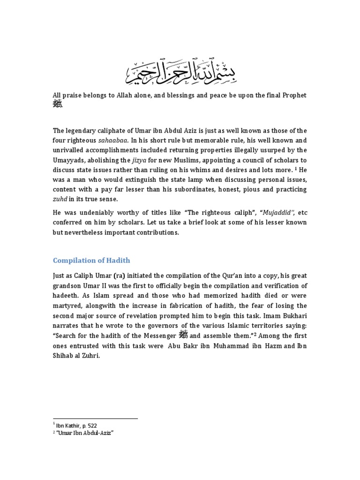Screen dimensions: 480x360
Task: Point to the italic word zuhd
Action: pyautogui.click(x=60, y=199)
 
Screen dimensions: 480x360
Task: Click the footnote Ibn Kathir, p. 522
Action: pyautogui.click(x=77, y=426)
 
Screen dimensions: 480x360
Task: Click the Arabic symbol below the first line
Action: pyautogui.click(x=57, y=104)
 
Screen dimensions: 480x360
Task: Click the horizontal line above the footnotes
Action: pyautogui.click(x=95, y=418)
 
